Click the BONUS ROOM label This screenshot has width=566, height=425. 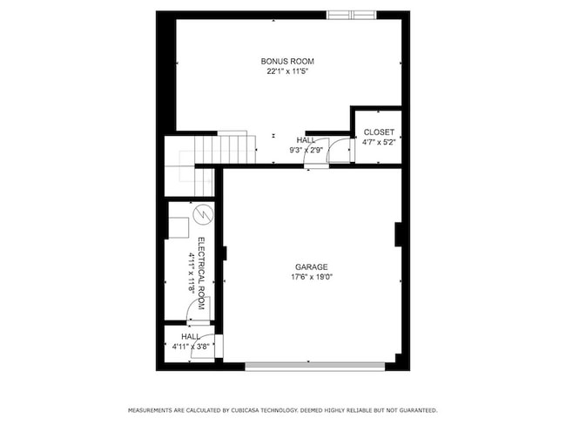(x=287, y=61)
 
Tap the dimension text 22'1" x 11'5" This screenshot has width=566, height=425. (x=287, y=71)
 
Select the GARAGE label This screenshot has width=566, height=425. (x=310, y=267)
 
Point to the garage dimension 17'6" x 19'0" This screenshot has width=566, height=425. (x=312, y=278)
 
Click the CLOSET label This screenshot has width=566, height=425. (x=378, y=132)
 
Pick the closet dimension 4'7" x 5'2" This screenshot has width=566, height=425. (x=378, y=142)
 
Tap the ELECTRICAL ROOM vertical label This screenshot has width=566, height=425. (x=200, y=273)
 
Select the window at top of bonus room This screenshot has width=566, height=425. (x=354, y=15)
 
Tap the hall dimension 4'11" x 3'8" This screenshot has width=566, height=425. (x=191, y=347)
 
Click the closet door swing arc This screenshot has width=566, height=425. (x=340, y=149)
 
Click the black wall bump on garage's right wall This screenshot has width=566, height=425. (x=398, y=234)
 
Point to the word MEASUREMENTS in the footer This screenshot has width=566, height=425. (x=153, y=410)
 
